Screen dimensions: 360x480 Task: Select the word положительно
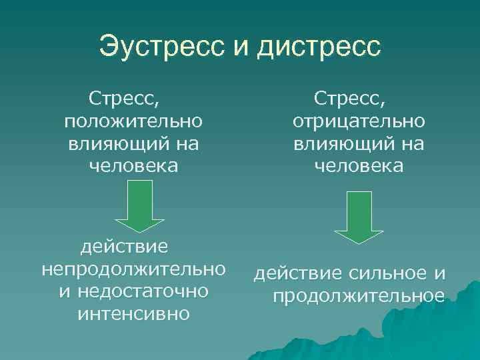(133, 122)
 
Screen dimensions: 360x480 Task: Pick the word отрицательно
(359, 122)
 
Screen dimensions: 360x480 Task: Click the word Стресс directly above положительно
(124, 100)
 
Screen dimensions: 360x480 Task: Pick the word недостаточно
(143, 292)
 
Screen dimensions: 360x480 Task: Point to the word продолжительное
(359, 295)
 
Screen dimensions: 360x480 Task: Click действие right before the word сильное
(296, 274)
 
